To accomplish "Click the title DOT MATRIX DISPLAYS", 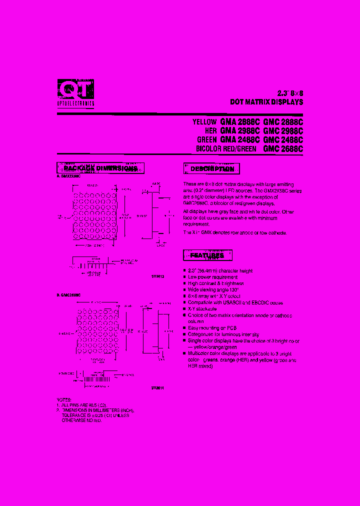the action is tap(266, 102).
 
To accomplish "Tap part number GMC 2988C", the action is tap(283, 130).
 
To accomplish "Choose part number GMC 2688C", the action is tap(283, 148).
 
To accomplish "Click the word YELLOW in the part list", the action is tap(204, 122).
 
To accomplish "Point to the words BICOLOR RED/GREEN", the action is tap(226, 149).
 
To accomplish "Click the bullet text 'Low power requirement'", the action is tap(213, 277).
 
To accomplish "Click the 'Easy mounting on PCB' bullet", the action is tap(212, 327).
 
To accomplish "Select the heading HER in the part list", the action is tap(211, 131).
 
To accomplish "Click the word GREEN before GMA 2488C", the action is tap(206, 140).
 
